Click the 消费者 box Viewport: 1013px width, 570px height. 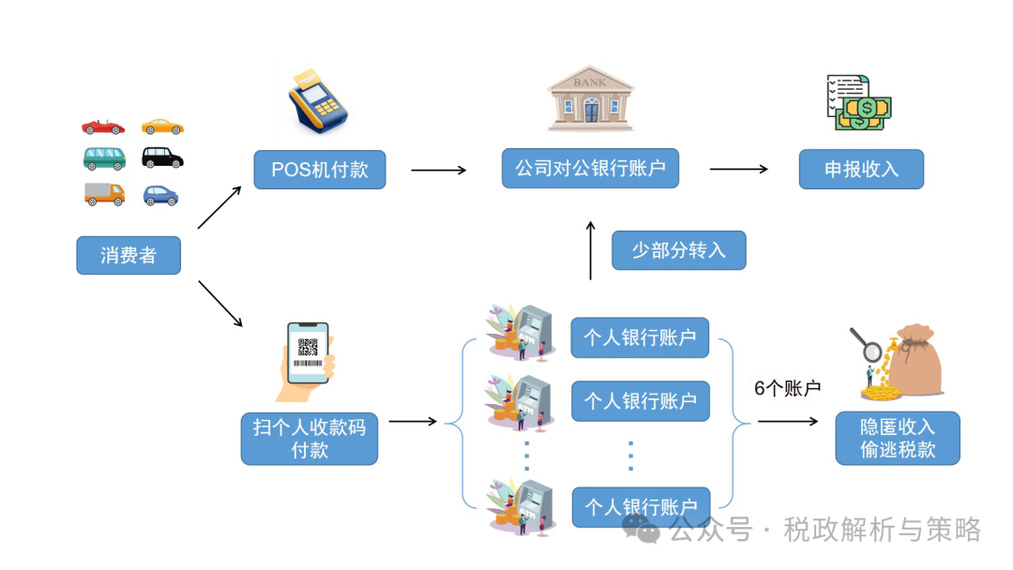click(x=129, y=255)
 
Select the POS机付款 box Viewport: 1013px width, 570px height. click(x=319, y=170)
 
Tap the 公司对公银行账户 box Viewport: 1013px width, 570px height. click(x=590, y=168)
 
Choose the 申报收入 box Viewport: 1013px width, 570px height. click(x=861, y=170)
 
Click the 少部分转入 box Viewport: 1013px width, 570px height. click(x=678, y=250)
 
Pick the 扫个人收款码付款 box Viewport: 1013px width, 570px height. click(x=310, y=438)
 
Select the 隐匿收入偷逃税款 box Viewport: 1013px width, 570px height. click(x=898, y=438)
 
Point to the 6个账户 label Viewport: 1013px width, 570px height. click(x=788, y=388)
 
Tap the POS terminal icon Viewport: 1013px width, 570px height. click(x=317, y=99)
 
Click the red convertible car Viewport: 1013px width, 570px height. click(x=102, y=127)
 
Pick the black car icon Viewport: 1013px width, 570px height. click(x=162, y=157)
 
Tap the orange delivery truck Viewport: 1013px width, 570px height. click(x=103, y=194)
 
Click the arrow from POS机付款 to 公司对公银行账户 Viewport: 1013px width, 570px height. click(x=438, y=170)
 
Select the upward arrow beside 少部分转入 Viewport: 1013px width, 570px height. click(x=590, y=250)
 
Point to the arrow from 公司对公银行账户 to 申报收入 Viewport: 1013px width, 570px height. click(x=738, y=170)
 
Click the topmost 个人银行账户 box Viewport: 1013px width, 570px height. click(x=641, y=337)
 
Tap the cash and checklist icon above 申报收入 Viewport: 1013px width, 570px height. click(x=857, y=103)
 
